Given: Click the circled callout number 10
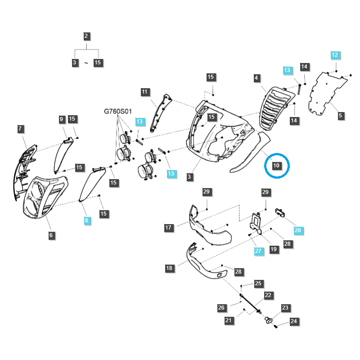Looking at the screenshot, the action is [x=276, y=165].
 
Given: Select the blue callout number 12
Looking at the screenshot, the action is [x=335, y=55].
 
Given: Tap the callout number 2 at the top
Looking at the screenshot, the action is [x=86, y=36].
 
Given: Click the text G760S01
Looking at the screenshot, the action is [x=118, y=111].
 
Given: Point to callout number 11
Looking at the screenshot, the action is [x=144, y=92].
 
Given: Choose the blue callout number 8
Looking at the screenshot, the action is [x=86, y=220].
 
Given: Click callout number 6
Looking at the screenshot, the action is [x=51, y=235].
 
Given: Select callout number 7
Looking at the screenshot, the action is [x=20, y=129].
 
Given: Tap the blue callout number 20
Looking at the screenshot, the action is [x=298, y=230].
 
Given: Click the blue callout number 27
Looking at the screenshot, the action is [x=258, y=251].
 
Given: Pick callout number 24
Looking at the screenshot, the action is [x=294, y=321].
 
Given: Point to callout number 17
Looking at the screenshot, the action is [x=168, y=228].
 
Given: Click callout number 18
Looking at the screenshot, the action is [x=170, y=268].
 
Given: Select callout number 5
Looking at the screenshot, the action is [x=341, y=116].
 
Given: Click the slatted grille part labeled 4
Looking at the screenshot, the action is [x=276, y=108].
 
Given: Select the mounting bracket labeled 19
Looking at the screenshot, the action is [x=256, y=223].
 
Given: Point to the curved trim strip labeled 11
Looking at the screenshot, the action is [x=160, y=112].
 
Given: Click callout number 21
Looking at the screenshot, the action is [x=229, y=320].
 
